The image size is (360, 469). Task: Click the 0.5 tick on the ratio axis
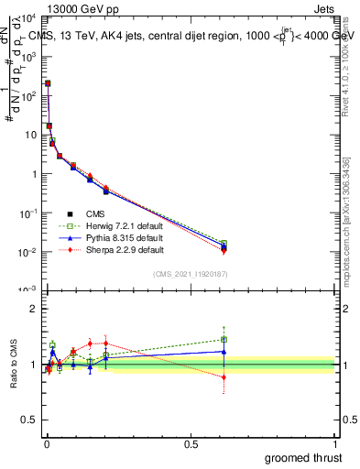pyautogui.click(x=31, y=421)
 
